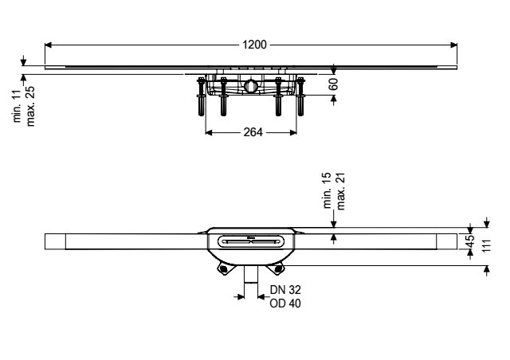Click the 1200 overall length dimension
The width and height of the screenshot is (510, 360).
click(254, 45)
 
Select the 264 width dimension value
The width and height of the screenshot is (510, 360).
click(253, 132)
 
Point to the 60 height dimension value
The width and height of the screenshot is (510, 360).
click(333, 84)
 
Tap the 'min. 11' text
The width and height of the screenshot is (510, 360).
click(17, 106)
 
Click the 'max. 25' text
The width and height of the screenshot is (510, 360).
click(30, 106)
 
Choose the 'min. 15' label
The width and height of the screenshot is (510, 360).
click(328, 190)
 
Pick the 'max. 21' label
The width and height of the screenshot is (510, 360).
click(340, 191)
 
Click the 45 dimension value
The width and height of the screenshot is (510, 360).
click(470, 241)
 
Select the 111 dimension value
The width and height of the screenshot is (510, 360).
click(486, 246)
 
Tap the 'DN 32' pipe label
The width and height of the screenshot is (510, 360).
click(285, 289)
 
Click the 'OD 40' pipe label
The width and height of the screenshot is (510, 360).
click(285, 303)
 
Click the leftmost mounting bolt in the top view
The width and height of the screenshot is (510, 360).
click(201, 96)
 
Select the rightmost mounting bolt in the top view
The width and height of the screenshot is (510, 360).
click(300, 96)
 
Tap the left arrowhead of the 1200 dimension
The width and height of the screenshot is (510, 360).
click(48, 45)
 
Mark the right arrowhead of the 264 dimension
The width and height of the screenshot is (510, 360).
click(293, 132)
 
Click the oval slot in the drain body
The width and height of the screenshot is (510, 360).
click(251, 241)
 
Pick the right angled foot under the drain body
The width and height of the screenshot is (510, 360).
click(278, 269)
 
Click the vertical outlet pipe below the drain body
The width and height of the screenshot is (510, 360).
click(251, 275)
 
